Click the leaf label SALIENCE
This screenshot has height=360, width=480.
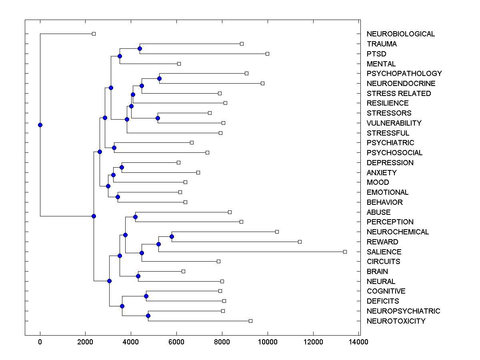click(x=384, y=252)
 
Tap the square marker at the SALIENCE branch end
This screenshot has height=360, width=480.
click(x=345, y=252)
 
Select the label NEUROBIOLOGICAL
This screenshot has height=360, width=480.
click(x=400, y=34)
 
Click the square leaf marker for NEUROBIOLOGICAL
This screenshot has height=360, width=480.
click(x=94, y=34)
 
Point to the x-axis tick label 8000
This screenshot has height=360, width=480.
click(x=222, y=342)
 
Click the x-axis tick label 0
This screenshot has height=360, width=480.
click(x=40, y=342)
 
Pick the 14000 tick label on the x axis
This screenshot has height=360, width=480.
click(x=358, y=342)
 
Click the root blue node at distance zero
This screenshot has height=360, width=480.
click(x=40, y=125)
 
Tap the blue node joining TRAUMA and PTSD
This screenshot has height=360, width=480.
click(x=140, y=49)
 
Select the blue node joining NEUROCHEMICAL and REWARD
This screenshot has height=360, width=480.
click(x=172, y=236)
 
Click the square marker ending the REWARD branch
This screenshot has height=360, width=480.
click(x=300, y=242)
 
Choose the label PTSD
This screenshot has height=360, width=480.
click(x=376, y=54)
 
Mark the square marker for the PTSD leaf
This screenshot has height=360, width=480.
click(x=267, y=54)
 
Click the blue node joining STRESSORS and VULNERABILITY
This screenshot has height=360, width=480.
click(x=158, y=118)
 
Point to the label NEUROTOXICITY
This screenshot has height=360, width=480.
click(x=396, y=321)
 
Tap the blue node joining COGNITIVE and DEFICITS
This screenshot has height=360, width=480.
click(x=146, y=296)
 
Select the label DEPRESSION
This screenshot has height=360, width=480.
click(x=390, y=162)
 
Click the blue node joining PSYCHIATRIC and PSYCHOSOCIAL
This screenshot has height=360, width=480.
click(x=114, y=148)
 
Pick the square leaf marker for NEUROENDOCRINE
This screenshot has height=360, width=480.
click(x=262, y=83)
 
